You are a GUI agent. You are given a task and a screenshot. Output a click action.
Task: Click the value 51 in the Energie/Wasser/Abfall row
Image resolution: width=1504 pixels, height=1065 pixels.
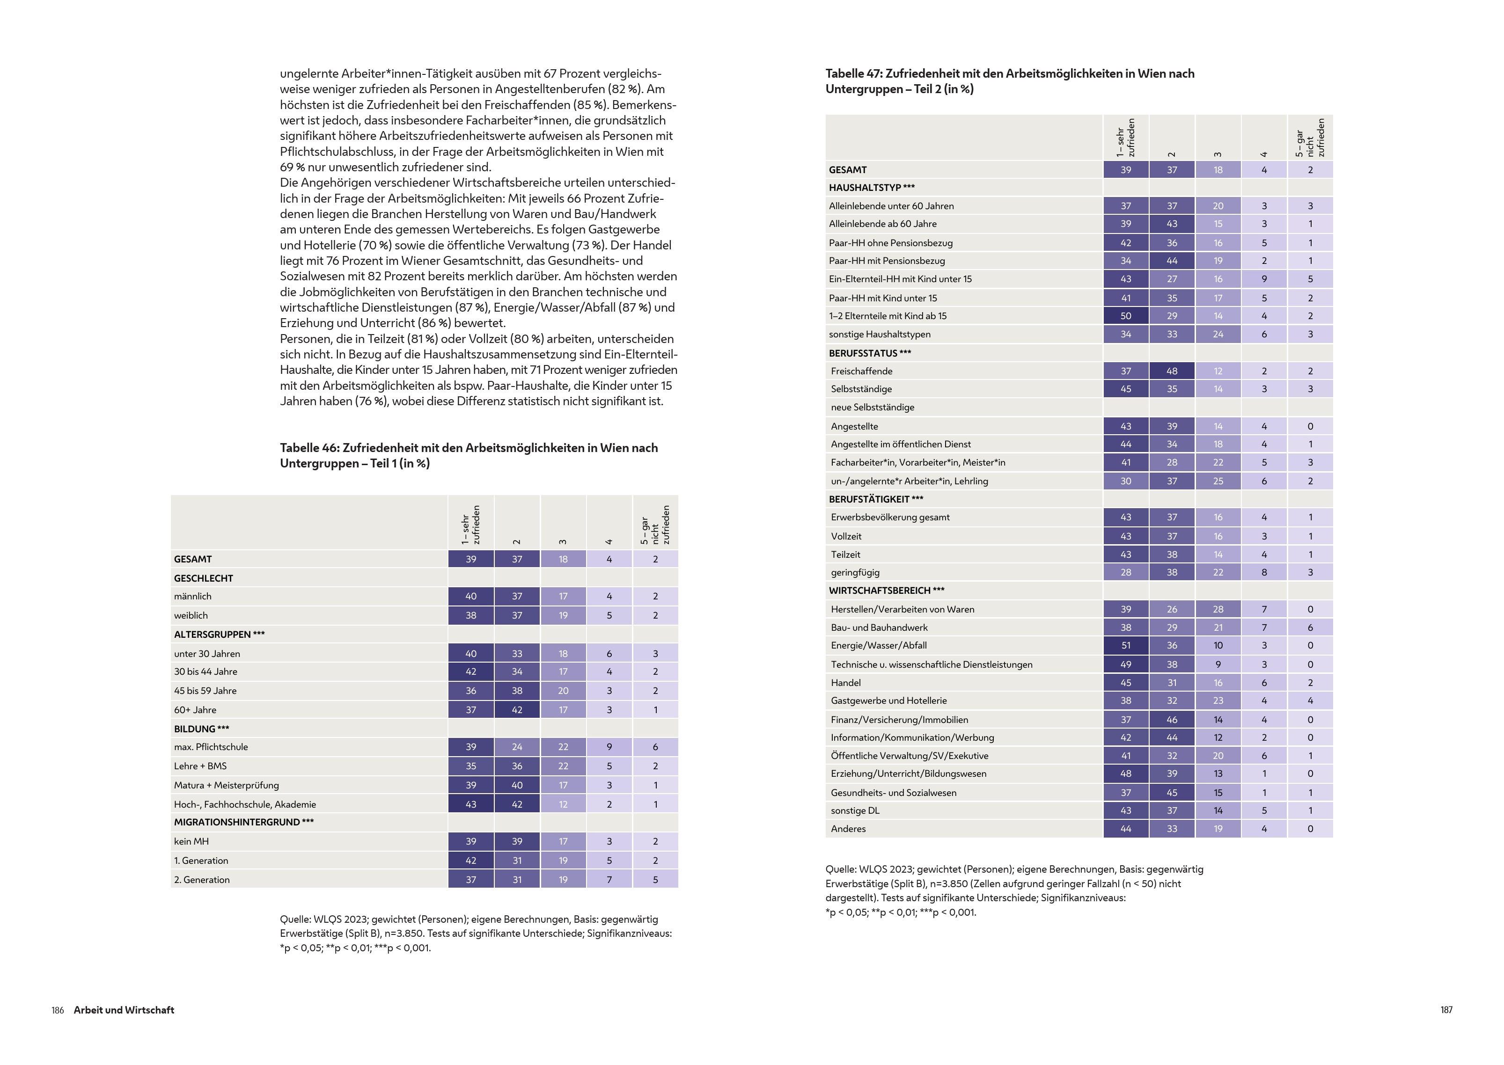click(x=1125, y=645)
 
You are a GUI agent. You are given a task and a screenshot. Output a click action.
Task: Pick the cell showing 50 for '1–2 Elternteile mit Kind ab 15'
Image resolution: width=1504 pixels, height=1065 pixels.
click(x=1125, y=316)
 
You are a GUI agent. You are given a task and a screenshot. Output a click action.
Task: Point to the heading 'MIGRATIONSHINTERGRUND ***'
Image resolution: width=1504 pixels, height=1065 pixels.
click(x=243, y=822)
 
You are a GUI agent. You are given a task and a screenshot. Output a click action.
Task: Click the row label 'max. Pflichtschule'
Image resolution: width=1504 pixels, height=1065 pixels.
click(x=211, y=747)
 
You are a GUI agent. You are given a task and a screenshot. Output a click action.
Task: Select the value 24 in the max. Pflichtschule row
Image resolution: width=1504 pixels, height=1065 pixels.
click(x=517, y=747)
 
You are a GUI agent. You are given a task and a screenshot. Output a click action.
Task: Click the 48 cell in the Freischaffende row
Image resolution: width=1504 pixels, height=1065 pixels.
click(x=1172, y=371)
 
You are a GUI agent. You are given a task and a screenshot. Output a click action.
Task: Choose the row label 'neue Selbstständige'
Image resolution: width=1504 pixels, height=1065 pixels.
click(x=873, y=407)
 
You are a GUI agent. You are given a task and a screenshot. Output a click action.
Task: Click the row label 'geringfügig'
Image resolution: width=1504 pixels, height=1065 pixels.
click(x=855, y=572)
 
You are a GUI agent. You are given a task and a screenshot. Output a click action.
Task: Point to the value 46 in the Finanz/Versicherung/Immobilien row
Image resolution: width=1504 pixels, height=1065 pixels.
click(x=1172, y=719)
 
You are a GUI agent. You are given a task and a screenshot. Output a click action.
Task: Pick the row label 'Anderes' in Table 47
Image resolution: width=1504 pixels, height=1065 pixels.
click(x=848, y=829)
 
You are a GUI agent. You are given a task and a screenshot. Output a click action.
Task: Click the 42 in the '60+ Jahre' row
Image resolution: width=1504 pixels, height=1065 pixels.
click(x=517, y=709)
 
